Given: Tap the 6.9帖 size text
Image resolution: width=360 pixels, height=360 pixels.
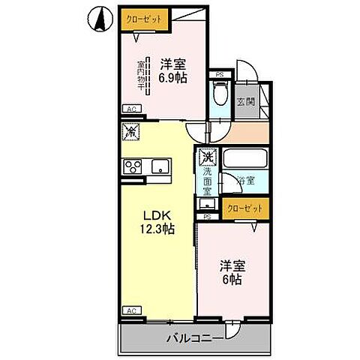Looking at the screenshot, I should (x=172, y=77).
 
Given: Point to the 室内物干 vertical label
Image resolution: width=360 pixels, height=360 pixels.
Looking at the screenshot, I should (x=140, y=75).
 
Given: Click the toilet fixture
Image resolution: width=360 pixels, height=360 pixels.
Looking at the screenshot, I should (x=220, y=95).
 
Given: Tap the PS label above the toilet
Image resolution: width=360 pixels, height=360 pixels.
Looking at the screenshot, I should (x=219, y=74).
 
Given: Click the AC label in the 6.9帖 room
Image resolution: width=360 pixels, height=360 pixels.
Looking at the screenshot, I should (x=131, y=109).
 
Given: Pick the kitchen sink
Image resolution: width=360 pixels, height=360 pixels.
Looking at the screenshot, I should (x=162, y=166).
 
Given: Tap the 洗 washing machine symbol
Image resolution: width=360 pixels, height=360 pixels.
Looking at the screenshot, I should (x=207, y=158).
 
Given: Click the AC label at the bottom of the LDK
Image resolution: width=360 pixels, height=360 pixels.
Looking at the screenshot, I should (x=131, y=310).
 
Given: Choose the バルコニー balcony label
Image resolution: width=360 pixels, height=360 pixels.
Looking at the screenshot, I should (x=193, y=338).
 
